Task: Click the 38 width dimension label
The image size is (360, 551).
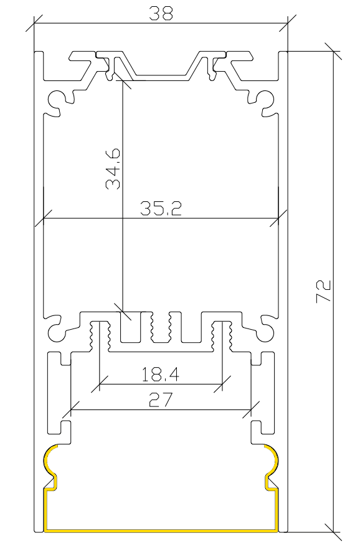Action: pyautogui.click(x=161, y=14)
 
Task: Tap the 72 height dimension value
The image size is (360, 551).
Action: pyautogui.click(x=323, y=290)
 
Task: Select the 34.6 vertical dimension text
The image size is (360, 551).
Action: pyautogui.click(x=113, y=169)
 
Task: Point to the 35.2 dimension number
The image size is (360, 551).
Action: pyautogui.click(x=161, y=208)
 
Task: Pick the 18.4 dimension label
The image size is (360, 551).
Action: pyautogui.click(x=160, y=375)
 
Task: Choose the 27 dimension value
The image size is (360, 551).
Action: pyautogui.click(x=161, y=400)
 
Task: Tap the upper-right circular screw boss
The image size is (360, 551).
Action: pyautogui.click(x=265, y=101)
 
